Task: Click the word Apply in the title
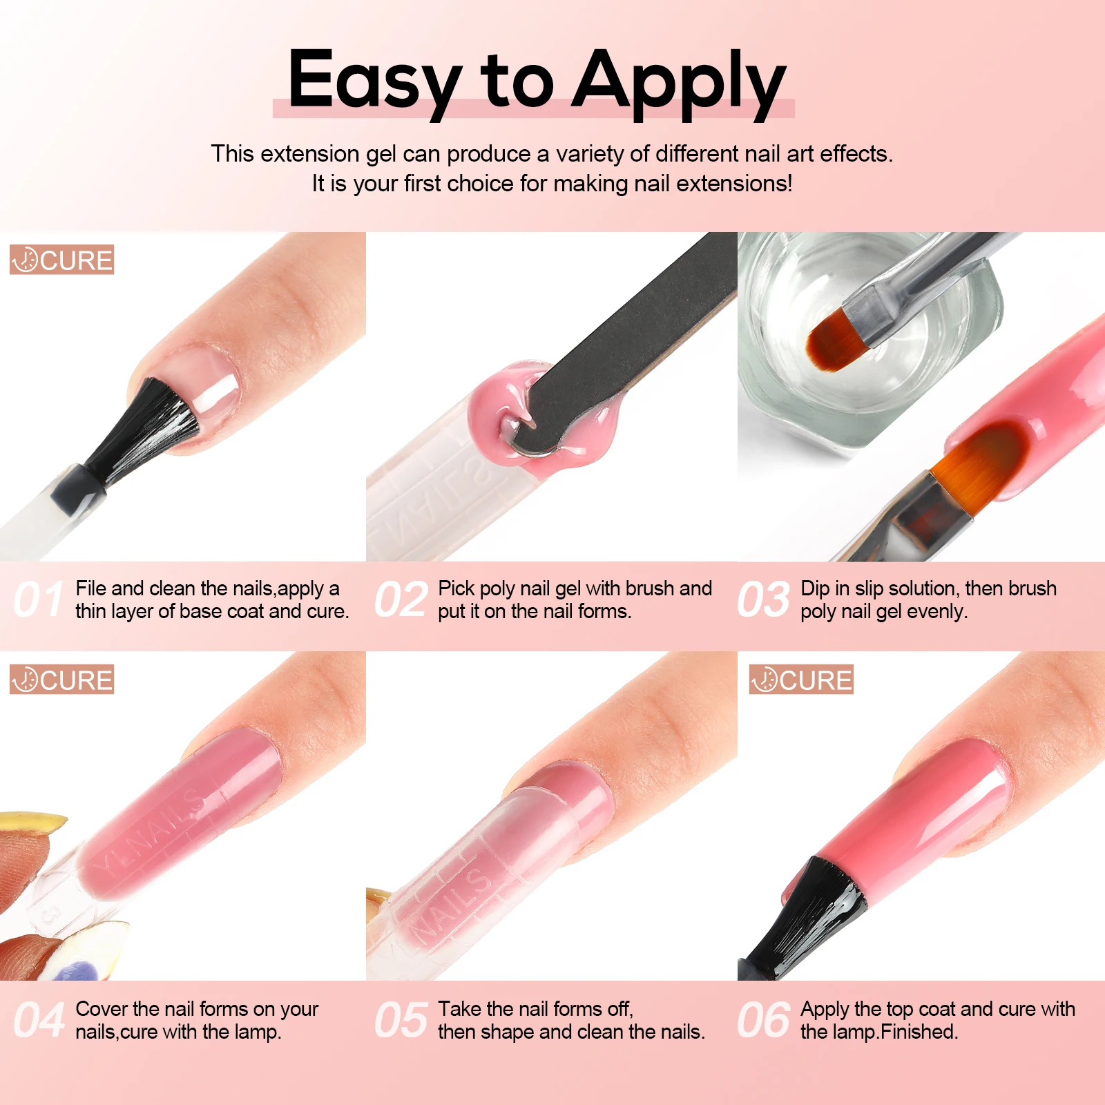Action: point(680,83)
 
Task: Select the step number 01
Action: point(39,599)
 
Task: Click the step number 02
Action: point(401,599)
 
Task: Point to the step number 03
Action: point(764,599)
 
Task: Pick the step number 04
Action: point(39,1020)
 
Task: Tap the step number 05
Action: point(401,1020)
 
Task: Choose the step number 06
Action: point(764,1020)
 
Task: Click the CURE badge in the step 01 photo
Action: point(61,260)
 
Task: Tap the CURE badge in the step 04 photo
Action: point(61,680)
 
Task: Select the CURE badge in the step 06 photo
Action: point(801,680)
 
